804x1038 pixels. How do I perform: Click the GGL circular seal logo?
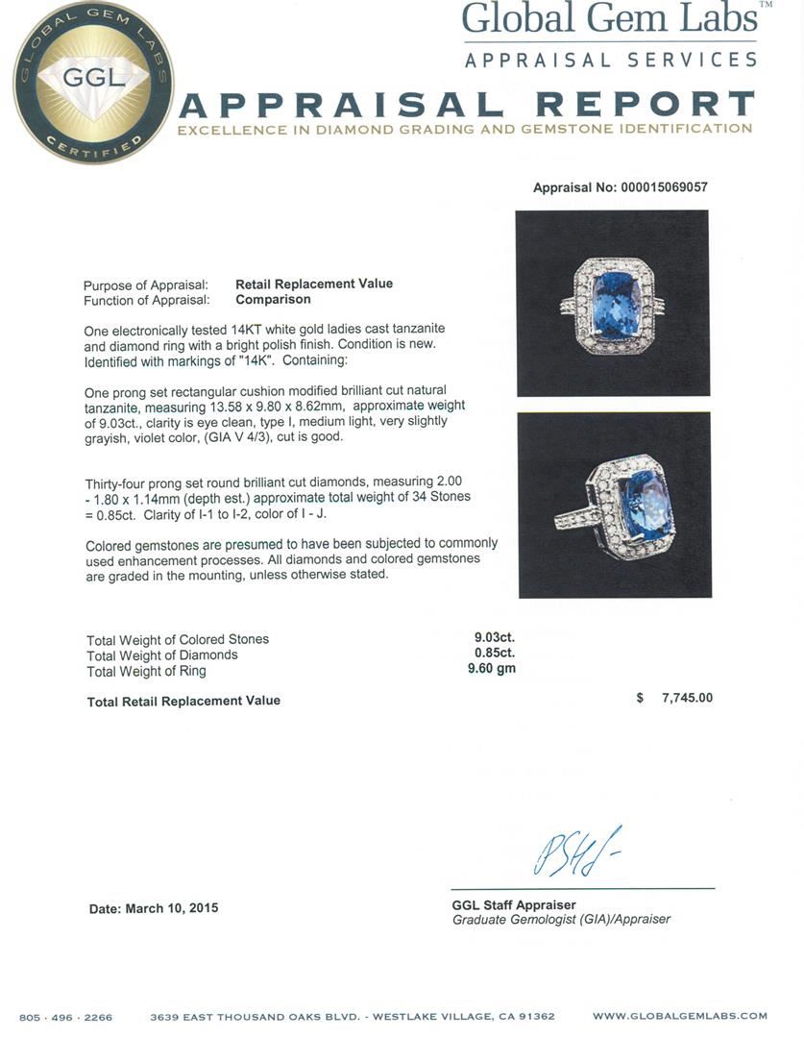[x=93, y=83]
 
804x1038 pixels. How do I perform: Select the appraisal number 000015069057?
[x=662, y=187]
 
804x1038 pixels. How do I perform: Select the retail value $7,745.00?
[x=686, y=698]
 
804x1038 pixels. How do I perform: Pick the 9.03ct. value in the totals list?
[x=495, y=637]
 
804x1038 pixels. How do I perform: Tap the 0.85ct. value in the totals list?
[x=495, y=654]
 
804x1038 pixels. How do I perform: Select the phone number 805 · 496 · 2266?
[x=65, y=1017]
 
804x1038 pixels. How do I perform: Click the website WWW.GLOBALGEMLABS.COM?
[x=679, y=1016]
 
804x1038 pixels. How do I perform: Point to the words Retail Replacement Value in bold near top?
[x=314, y=284]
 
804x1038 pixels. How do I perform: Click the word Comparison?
[x=273, y=299]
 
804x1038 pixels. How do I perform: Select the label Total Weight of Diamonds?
[x=162, y=655]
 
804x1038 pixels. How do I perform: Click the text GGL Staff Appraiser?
[x=514, y=904]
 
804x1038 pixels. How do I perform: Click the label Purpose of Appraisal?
[x=145, y=285]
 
